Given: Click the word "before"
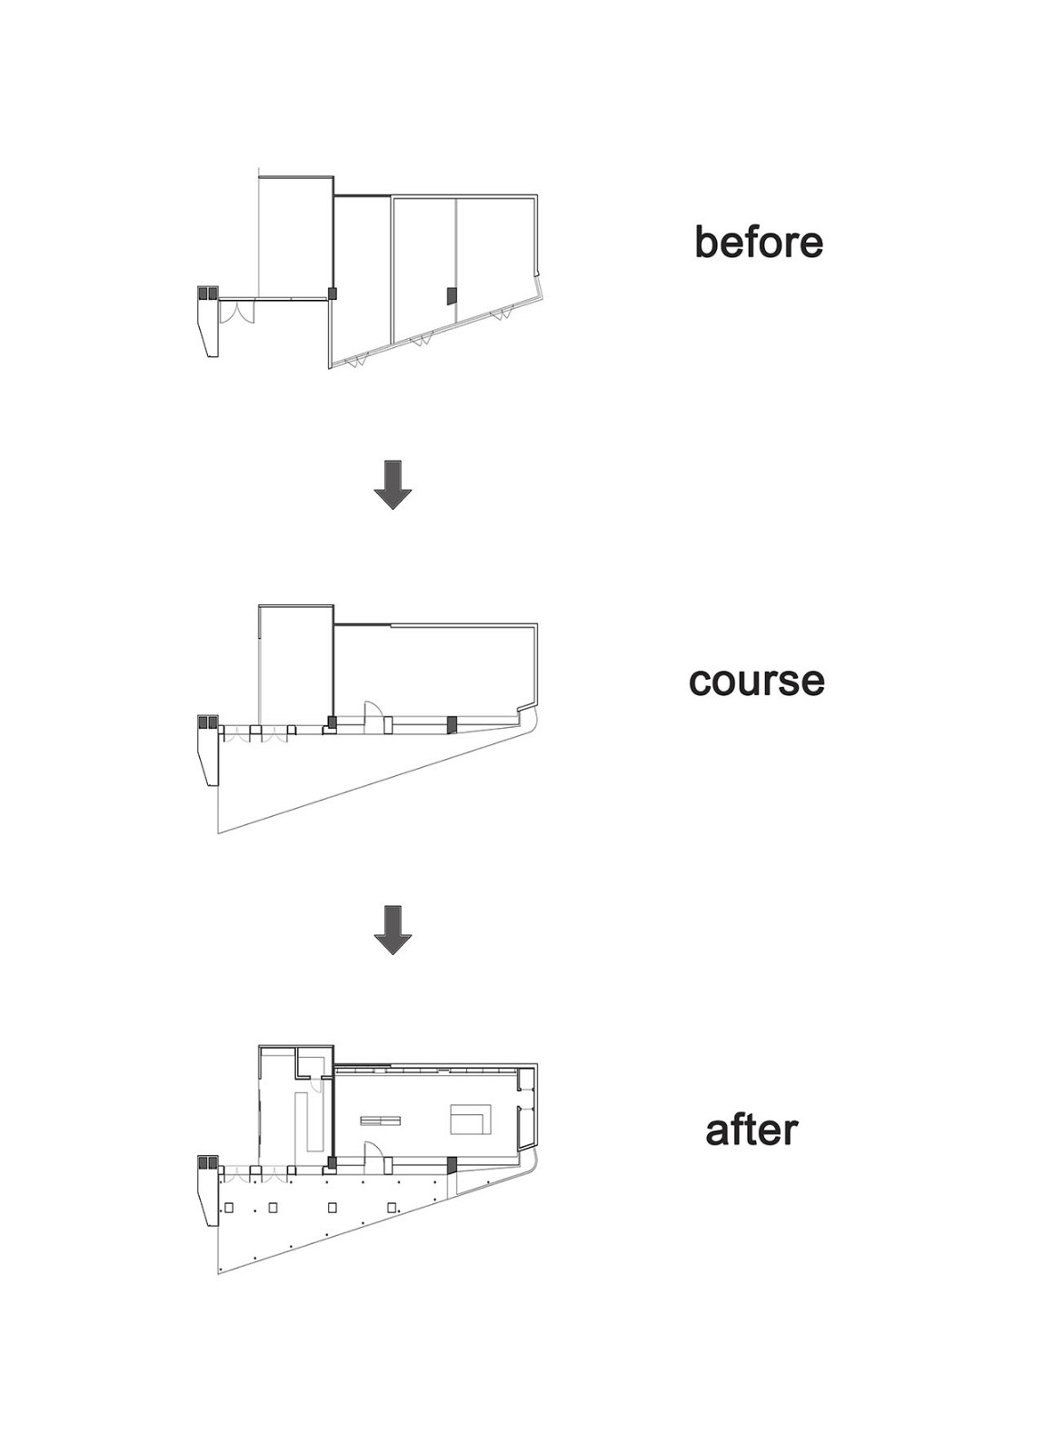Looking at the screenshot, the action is [758, 242].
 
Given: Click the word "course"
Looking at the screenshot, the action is [756, 681].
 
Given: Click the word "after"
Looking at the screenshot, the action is [751, 1130].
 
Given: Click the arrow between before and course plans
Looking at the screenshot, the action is [393, 484].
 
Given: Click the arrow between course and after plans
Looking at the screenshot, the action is [393, 931].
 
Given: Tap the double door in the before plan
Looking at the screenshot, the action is [236, 312].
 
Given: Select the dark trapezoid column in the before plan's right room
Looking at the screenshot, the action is [452, 295].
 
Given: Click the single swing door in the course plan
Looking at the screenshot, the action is [373, 717].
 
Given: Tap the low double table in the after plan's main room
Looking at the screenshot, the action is [381, 1120].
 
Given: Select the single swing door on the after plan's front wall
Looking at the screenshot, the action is [373, 1160].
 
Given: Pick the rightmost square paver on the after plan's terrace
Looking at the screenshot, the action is [392, 1208].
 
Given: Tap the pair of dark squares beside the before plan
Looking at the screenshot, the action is [207, 293].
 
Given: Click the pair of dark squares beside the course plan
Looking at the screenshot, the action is [207, 722].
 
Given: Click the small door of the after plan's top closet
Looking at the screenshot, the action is [317, 1084].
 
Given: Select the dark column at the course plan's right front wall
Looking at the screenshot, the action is [453, 724].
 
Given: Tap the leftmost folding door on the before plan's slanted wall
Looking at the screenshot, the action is [358, 360].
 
